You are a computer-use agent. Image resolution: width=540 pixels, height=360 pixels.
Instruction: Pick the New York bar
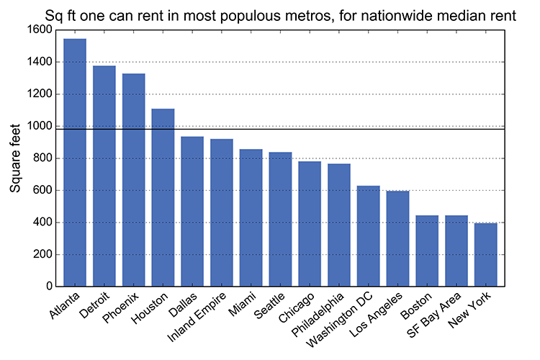[x=486, y=255]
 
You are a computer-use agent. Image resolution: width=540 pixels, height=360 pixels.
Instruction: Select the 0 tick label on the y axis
[x=49, y=287]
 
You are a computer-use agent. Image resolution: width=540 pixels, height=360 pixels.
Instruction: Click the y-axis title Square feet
[x=15, y=158]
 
